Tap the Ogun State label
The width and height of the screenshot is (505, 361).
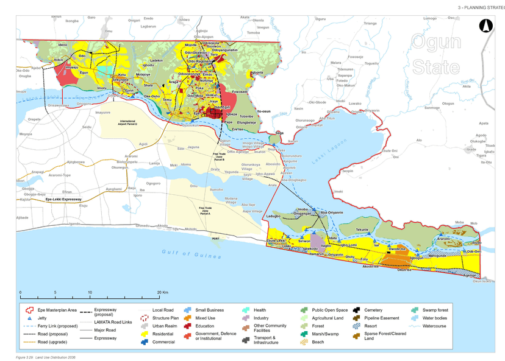point(435,54)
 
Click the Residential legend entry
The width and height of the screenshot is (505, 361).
point(161,334)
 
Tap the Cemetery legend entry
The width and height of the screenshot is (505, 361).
point(373,310)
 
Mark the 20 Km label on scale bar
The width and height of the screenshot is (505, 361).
point(162,292)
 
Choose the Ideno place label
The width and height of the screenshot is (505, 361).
point(63,45)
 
